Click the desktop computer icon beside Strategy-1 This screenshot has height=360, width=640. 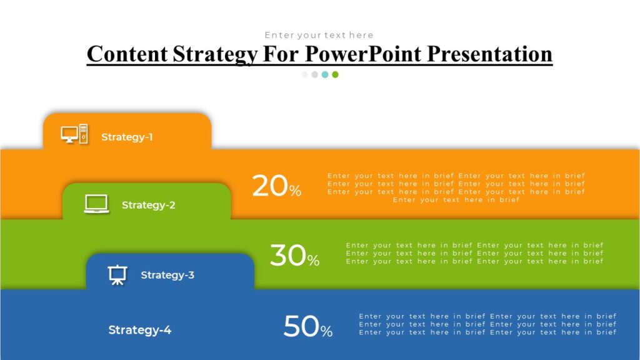(x=74, y=134)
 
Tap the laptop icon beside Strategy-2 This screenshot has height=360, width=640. (x=96, y=204)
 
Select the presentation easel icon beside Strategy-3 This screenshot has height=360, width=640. (x=117, y=274)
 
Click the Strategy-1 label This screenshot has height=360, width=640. (x=127, y=137)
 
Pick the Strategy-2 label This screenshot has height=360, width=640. (x=148, y=205)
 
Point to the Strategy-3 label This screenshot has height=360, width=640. (x=167, y=275)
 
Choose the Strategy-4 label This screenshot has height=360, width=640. (x=139, y=330)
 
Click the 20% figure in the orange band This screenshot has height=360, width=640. (x=276, y=186)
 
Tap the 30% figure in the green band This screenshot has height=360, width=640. (x=294, y=256)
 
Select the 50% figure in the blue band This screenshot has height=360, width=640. (x=307, y=327)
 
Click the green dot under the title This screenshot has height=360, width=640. (x=335, y=74)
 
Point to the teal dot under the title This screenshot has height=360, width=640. (x=325, y=74)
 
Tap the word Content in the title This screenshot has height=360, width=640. (x=127, y=54)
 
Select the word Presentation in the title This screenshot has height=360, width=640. (x=489, y=54)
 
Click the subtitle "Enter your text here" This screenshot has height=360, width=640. (x=319, y=35)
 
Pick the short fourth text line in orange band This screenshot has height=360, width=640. (x=456, y=200)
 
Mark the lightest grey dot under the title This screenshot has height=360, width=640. (x=305, y=74)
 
